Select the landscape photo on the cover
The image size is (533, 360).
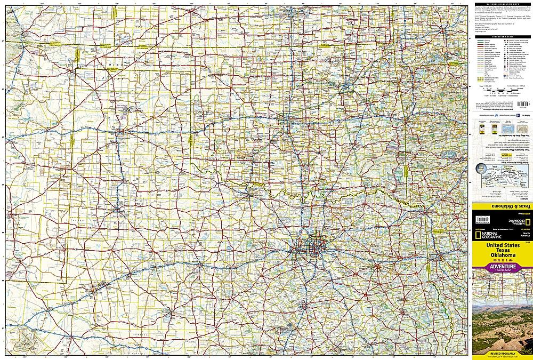[502, 325]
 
